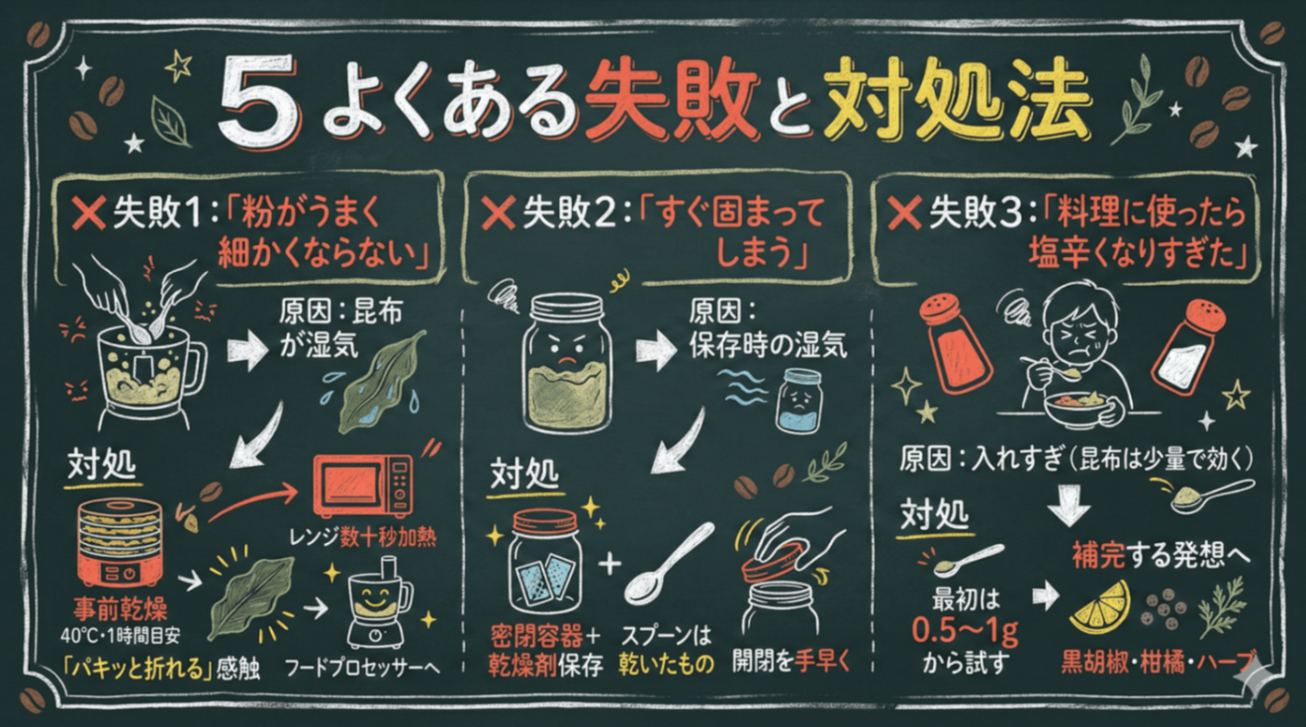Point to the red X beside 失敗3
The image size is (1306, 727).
(x=906, y=213)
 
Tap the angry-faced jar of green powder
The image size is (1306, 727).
(x=566, y=367)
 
